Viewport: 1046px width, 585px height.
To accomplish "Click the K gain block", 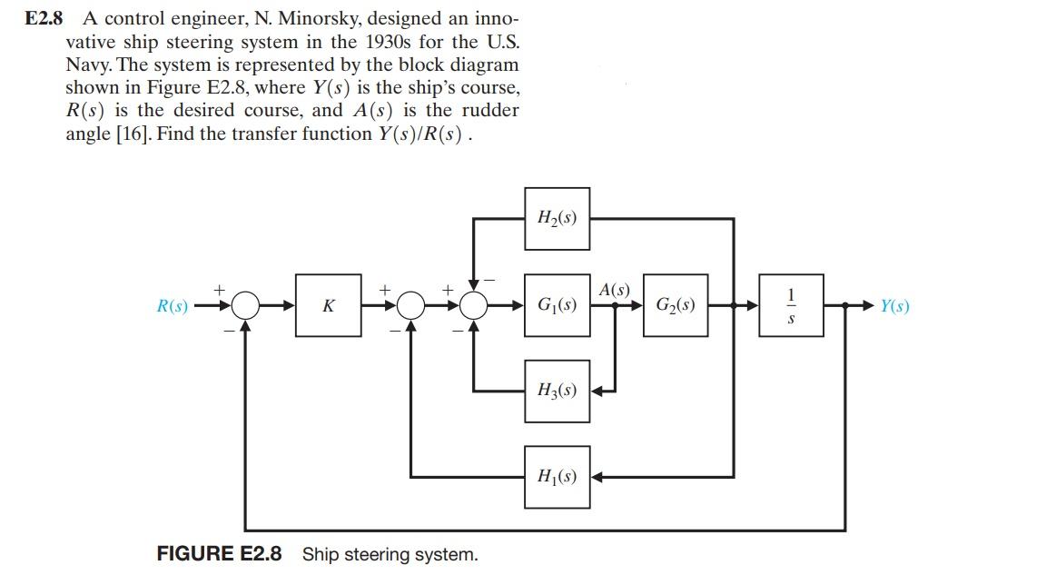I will click(x=327, y=306).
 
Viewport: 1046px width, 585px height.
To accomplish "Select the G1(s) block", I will click(x=557, y=305).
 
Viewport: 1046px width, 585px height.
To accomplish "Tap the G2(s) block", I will click(x=676, y=305).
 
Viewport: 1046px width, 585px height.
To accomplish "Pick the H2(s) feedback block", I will click(x=557, y=218).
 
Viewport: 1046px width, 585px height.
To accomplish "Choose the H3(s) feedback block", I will click(x=557, y=391).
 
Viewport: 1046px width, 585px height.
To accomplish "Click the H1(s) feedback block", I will click(x=557, y=476).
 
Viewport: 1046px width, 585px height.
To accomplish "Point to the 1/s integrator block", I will click(x=792, y=305).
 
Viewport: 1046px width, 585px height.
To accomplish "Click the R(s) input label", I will click(x=173, y=306).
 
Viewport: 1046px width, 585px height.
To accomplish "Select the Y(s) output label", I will click(x=894, y=306).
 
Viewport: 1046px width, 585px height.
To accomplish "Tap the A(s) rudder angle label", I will click(x=615, y=290).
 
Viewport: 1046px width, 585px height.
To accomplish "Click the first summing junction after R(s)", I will click(x=245, y=306).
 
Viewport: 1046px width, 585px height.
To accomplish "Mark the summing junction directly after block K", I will click(x=411, y=306).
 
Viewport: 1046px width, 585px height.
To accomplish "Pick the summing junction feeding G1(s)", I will click(x=474, y=306).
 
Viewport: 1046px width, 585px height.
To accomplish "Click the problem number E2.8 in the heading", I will click(x=43, y=18).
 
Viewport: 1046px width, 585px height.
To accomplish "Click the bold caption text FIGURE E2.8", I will click(x=219, y=553).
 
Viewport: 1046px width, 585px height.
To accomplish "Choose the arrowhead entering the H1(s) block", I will click(x=598, y=476).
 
